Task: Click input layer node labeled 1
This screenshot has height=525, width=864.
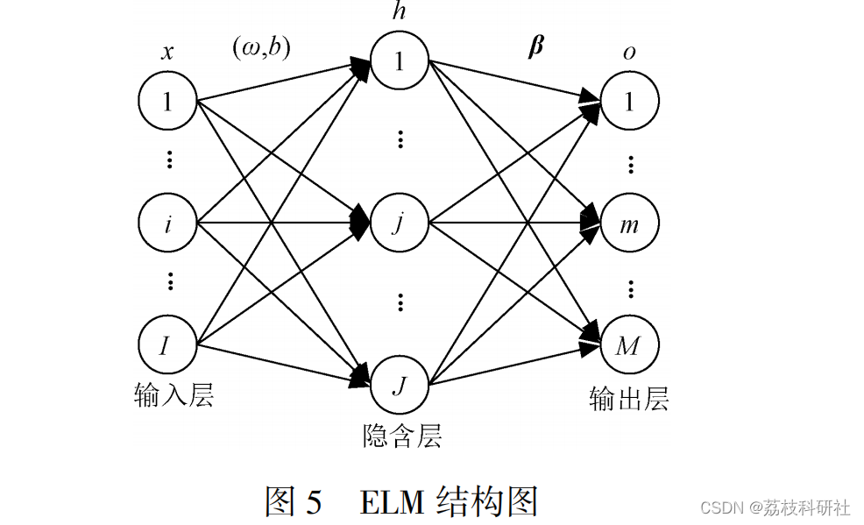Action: click(x=167, y=102)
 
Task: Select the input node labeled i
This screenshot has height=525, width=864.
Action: click(x=167, y=223)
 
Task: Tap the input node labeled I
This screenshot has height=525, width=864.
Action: click(x=167, y=345)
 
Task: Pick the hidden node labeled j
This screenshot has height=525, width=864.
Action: click(x=400, y=223)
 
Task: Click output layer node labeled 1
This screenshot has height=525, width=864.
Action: click(x=629, y=102)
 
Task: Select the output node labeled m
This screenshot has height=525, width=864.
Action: click(x=629, y=223)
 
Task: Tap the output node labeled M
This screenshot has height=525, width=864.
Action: click(x=629, y=345)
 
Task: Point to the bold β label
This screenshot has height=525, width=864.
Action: click(x=535, y=46)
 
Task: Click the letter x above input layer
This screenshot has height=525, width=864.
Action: click(x=166, y=53)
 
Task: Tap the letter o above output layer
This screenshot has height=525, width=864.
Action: click(x=629, y=53)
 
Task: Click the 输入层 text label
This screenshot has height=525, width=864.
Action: click(x=174, y=395)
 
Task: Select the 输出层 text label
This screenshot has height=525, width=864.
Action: click(x=629, y=400)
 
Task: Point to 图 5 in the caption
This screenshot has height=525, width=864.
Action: click(x=294, y=501)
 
